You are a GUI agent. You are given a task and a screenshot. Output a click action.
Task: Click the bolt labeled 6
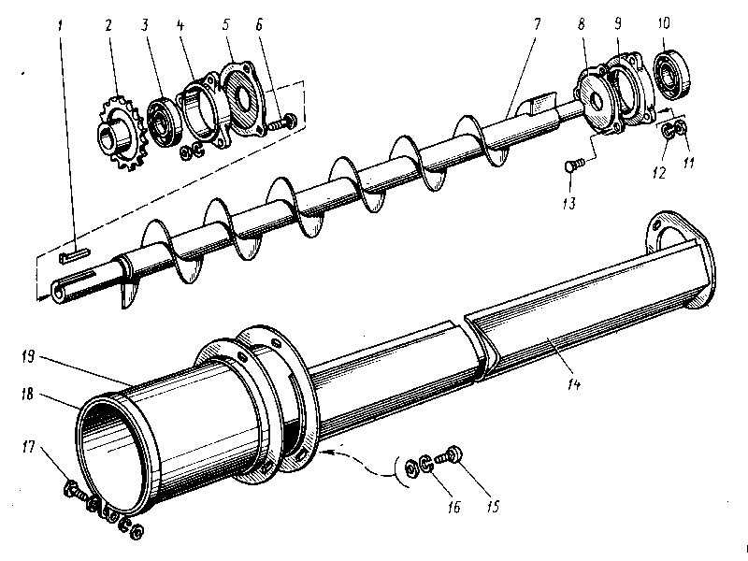point(284,120)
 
